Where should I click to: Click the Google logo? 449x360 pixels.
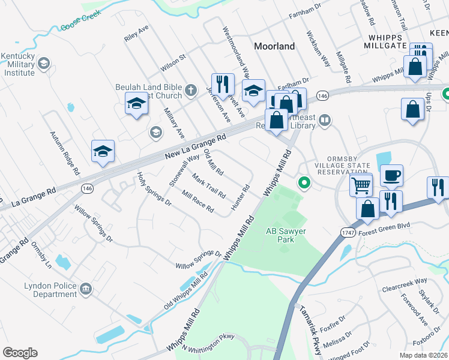point(20,353)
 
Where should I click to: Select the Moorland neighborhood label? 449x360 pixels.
point(274,46)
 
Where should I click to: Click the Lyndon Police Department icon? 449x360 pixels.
point(85,290)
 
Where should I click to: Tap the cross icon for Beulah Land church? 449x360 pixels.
point(191,91)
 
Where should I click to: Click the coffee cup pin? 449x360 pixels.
point(391,175)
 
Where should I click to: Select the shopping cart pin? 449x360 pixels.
point(361,185)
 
